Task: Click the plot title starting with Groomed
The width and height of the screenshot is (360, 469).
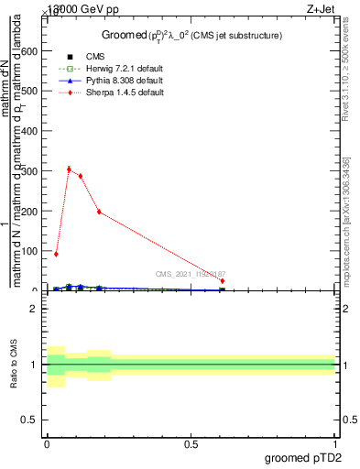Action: (191, 35)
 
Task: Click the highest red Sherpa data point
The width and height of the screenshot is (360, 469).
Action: (69, 169)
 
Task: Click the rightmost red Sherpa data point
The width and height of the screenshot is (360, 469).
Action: (223, 281)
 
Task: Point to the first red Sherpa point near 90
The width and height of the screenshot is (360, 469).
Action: (56, 254)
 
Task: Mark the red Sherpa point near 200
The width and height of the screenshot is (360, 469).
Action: (99, 212)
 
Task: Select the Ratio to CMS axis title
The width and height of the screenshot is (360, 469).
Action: (14, 364)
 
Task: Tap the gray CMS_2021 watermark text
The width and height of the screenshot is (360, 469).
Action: (191, 273)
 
